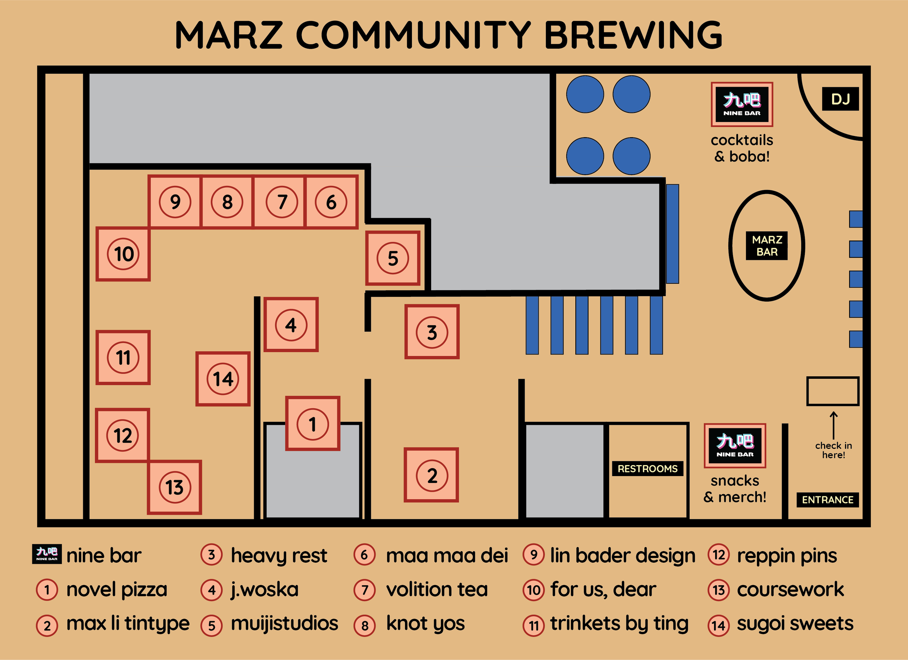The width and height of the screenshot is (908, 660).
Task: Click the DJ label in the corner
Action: [840, 99]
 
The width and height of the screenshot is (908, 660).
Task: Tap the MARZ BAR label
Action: [766, 246]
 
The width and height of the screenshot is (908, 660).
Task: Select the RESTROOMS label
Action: [647, 468]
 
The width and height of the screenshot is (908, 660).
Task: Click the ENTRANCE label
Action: [827, 500]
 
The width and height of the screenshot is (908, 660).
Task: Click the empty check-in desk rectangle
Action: [832, 391]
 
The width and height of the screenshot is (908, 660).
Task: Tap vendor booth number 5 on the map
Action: [393, 258]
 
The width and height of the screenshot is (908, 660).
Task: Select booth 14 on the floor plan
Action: [223, 379]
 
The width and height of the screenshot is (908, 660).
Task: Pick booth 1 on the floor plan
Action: [313, 423]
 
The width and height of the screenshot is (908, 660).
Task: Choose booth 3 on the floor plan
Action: [432, 332]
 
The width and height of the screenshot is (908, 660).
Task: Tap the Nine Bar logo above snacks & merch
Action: [735, 446]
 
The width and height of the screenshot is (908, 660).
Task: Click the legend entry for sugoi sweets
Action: [795, 624]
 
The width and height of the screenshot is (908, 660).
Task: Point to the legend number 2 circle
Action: [47, 626]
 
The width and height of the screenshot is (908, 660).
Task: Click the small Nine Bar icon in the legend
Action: [47, 554]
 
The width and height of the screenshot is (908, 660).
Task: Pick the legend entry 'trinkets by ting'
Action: [619, 624]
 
